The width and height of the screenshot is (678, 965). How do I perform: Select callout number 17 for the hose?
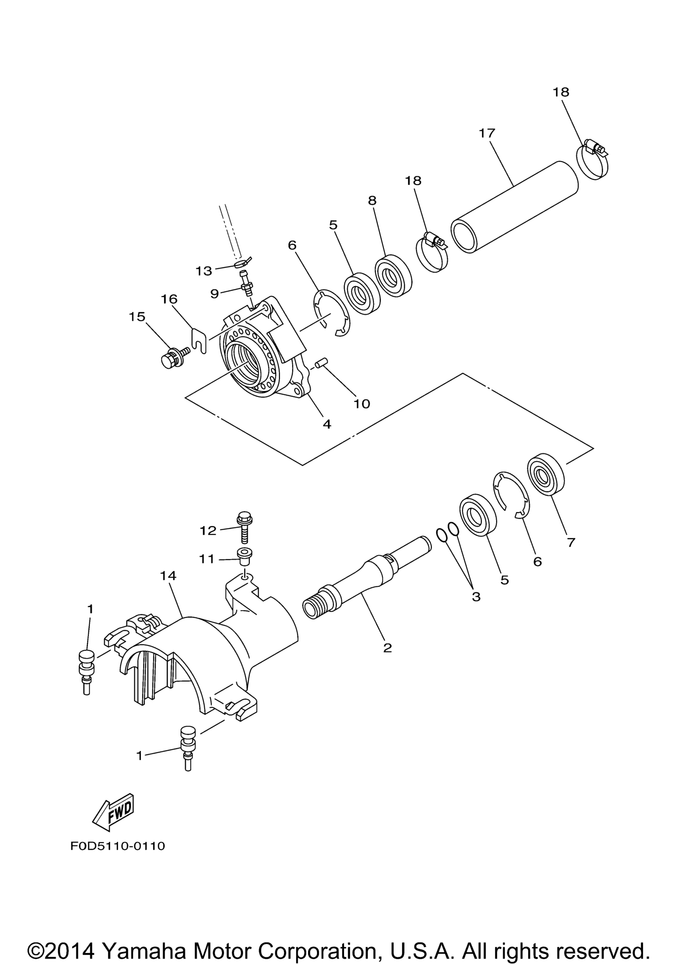pos(488,133)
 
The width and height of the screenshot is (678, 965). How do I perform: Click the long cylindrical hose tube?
pos(514,207)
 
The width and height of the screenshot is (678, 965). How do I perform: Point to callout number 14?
pos(168,575)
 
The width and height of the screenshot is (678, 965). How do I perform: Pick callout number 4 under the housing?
pos(327,424)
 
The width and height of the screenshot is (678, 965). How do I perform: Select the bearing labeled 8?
pos(393,275)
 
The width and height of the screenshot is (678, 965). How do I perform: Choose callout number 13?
pos(204,271)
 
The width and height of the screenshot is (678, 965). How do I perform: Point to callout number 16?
pos(169,299)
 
